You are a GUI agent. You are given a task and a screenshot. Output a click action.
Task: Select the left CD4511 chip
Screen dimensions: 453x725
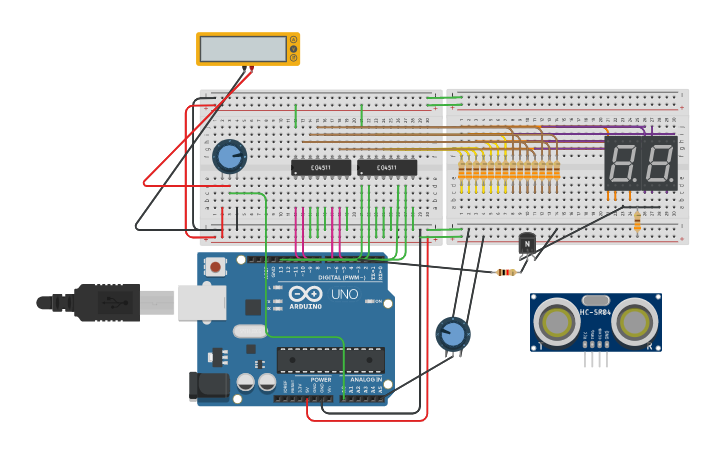(x=320, y=168)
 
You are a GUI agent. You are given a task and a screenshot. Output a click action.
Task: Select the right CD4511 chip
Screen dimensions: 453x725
(x=386, y=168)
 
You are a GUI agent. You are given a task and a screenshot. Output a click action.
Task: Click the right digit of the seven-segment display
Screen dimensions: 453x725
(x=658, y=163)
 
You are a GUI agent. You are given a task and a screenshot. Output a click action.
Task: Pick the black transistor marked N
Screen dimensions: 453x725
(x=527, y=243)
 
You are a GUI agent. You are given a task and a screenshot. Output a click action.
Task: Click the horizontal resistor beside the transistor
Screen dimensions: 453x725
(x=506, y=272)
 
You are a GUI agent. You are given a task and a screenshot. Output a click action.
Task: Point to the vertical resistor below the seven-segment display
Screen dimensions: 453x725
(x=637, y=222)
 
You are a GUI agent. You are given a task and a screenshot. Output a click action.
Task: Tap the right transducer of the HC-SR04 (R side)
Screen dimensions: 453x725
(x=635, y=322)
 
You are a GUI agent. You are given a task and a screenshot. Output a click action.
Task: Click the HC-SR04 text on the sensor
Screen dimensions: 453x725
(x=595, y=313)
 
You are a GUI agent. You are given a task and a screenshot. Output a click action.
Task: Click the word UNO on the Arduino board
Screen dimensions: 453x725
(x=344, y=294)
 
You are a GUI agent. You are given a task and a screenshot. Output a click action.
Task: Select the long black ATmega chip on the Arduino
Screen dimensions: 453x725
(x=330, y=360)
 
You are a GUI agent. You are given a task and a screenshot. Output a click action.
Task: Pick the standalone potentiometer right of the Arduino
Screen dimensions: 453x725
(x=452, y=334)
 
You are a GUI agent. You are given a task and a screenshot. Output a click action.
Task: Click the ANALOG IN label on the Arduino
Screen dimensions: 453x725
(x=364, y=380)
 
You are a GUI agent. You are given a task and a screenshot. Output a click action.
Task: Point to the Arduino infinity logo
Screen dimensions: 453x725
(x=310, y=293)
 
